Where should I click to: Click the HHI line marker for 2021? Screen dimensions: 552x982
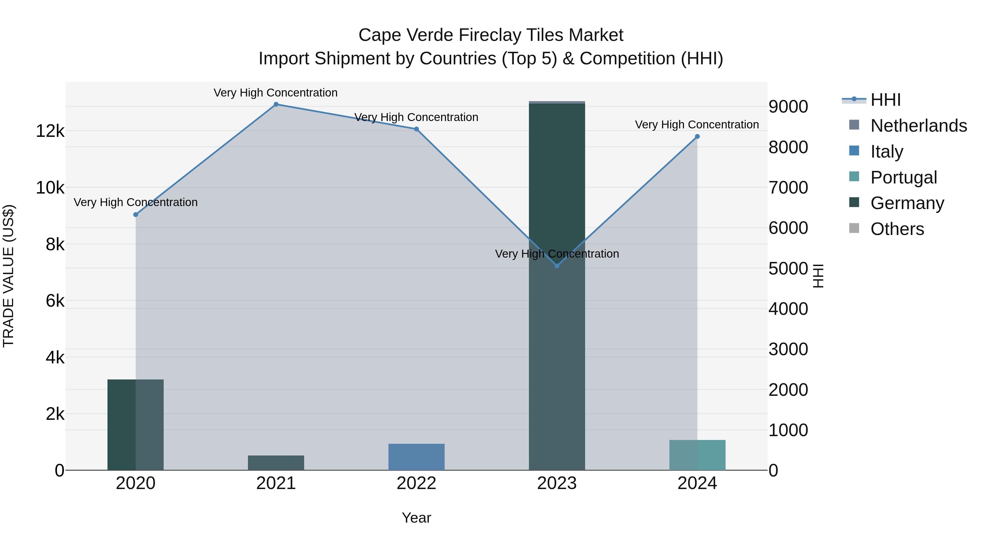(x=276, y=104)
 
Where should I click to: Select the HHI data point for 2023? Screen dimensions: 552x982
(x=557, y=266)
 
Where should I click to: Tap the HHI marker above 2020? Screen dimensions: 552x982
(x=136, y=215)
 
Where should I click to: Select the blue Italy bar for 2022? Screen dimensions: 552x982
(x=416, y=457)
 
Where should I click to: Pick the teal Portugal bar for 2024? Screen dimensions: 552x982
(x=697, y=455)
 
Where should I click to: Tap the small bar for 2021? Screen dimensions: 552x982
(x=276, y=463)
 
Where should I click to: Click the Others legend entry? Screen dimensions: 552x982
(x=897, y=229)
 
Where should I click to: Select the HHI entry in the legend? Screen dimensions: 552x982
(x=885, y=100)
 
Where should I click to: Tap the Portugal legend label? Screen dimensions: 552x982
(x=903, y=177)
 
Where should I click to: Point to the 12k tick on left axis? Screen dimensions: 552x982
(x=50, y=131)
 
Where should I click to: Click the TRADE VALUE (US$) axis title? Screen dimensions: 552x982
(x=9, y=276)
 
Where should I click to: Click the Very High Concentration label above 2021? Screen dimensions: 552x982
(x=275, y=93)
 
